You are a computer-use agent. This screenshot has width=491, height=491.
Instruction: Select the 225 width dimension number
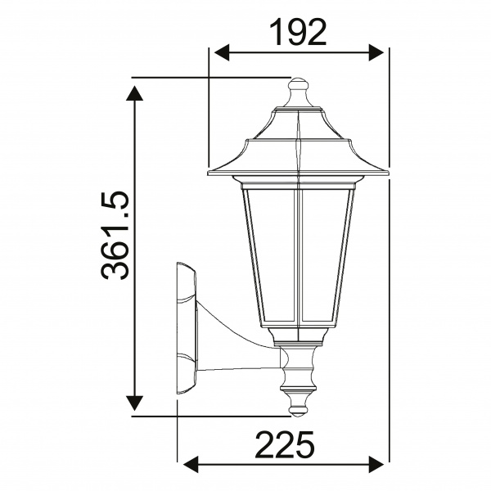tap(284, 446)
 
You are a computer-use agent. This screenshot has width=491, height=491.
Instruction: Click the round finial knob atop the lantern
tap(299, 84)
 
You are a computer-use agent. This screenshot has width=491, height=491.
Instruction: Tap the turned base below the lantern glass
tap(299, 368)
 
